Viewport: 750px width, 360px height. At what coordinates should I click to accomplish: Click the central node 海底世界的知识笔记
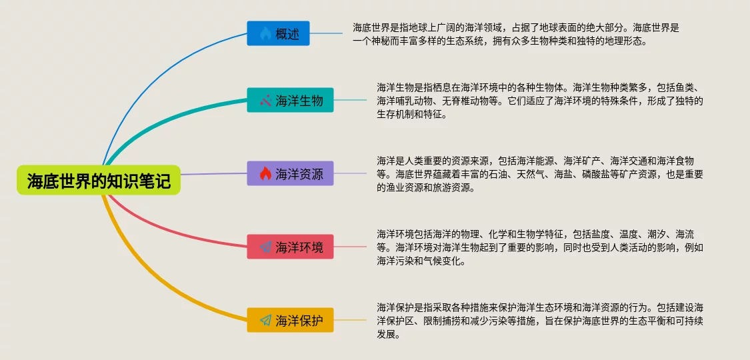[x=99, y=180]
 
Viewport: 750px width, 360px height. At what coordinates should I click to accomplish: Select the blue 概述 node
[x=279, y=33]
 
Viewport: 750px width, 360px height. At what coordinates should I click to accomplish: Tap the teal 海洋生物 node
[x=290, y=101]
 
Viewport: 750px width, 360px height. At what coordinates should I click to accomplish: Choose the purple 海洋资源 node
[x=290, y=173]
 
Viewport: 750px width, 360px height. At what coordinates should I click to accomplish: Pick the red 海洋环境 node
[x=290, y=247]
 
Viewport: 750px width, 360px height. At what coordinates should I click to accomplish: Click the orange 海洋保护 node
[x=290, y=320]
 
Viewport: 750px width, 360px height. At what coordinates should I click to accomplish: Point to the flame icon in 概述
[x=265, y=33]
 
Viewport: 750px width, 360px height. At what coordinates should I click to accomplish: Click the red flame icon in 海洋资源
[x=265, y=173]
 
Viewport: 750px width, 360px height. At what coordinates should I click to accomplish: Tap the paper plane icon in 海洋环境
[x=265, y=247]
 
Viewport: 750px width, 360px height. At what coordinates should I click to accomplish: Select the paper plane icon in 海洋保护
[x=265, y=320]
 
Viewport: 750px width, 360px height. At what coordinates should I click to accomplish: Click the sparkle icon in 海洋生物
[x=265, y=101]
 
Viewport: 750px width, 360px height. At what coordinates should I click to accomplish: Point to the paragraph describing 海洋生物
[x=540, y=101]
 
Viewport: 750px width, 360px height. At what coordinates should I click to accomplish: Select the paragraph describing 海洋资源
[x=540, y=174]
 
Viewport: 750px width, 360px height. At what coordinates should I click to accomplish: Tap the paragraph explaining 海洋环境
[x=540, y=247]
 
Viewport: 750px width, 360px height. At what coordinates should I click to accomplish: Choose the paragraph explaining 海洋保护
[x=540, y=321]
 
